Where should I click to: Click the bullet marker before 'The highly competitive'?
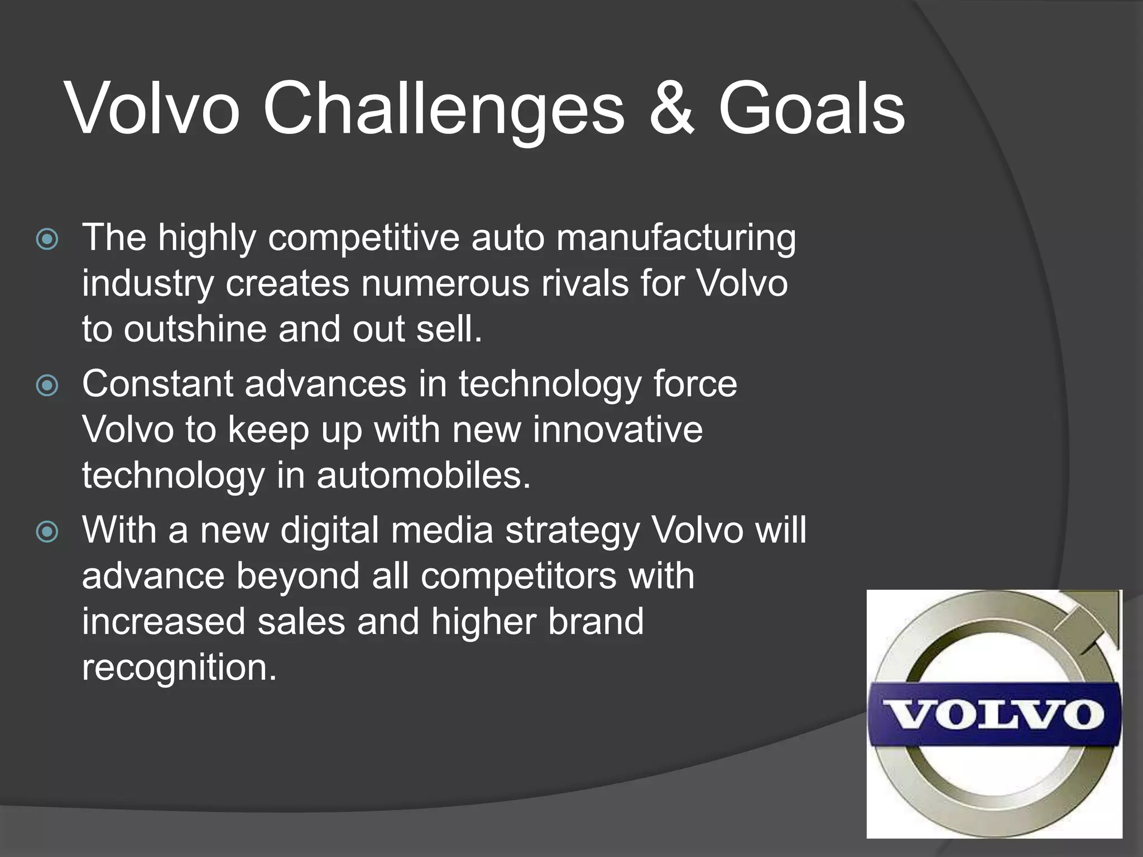pos(47,240)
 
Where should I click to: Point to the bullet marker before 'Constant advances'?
pos(47,386)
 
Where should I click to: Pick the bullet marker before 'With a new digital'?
pos(47,532)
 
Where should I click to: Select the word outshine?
pos(195,329)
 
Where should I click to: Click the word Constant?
pos(157,384)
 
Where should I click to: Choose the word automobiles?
pos(423,476)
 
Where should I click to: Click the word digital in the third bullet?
pos(329,530)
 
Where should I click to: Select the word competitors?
pos(518,576)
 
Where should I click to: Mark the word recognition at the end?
pos(179,668)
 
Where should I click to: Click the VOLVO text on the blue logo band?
pos(993,715)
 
